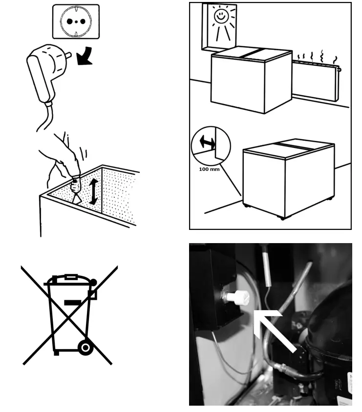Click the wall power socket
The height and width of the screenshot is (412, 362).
click(76, 21)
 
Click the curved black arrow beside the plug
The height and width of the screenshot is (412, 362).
click(85, 56)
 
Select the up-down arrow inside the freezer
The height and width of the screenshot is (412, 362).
click(93, 191)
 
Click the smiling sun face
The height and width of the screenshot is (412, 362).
click(220, 16)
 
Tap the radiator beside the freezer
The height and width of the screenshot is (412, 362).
click(316, 80)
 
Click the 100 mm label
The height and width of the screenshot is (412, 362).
click(209, 169)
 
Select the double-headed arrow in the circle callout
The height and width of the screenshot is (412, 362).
click(208, 143)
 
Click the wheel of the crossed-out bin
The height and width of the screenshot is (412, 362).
click(85, 348)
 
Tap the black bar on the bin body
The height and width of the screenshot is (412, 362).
click(73, 303)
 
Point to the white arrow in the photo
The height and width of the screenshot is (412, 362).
click(274, 330)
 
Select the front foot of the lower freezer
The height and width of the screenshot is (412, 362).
click(282, 218)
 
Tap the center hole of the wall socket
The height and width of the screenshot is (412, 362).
click(76, 22)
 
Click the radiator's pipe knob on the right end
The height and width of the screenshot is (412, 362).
click(339, 70)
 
